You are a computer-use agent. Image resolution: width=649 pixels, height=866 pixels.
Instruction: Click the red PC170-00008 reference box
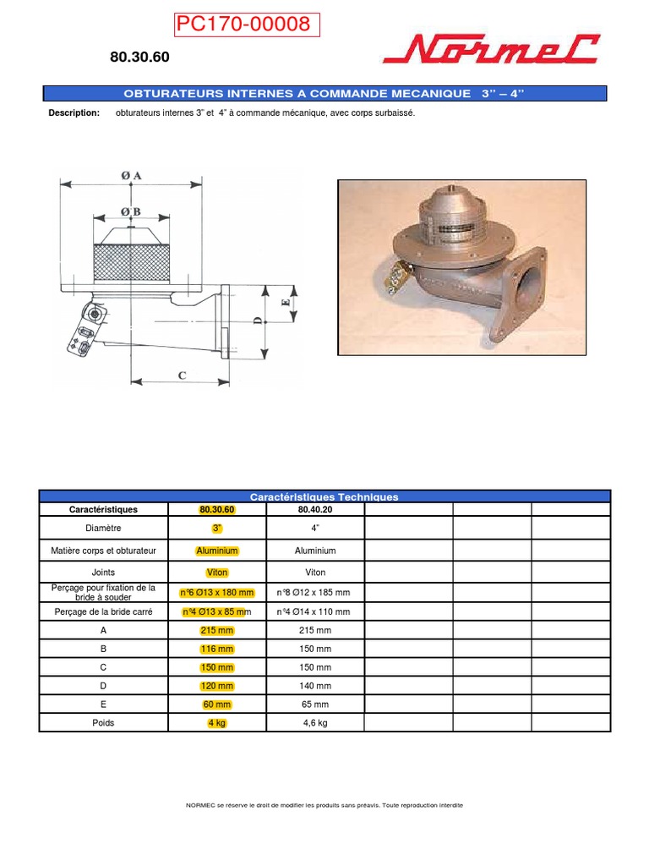247,25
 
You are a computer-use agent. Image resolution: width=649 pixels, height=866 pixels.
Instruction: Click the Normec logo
491,50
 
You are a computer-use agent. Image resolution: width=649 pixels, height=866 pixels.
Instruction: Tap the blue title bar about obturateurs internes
324,93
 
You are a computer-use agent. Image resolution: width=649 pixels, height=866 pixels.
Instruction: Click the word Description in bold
74,113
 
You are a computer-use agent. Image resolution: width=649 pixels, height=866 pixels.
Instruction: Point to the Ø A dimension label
131,175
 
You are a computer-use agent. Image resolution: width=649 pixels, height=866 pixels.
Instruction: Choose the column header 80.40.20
315,510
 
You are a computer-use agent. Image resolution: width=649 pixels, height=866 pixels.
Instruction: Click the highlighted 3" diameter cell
217,529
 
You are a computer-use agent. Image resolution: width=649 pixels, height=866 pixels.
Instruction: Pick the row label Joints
103,573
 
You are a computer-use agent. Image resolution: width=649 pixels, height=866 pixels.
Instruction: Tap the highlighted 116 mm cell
217,649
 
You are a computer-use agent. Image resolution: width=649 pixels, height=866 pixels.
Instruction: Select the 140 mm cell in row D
315,686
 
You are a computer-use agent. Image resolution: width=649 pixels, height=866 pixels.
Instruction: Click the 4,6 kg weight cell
315,723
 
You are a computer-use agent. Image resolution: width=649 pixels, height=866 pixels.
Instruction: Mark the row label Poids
103,723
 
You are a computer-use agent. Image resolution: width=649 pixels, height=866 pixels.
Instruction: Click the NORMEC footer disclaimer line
324,805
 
